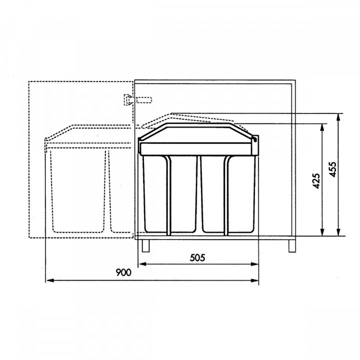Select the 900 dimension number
coord(123,273)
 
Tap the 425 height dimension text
coord(316,181)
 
